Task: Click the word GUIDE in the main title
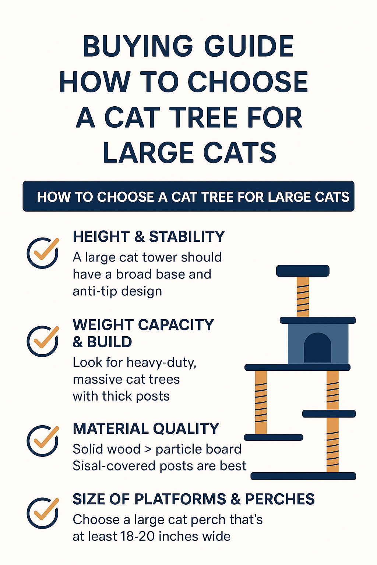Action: [249, 46]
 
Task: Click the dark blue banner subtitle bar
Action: [188, 196]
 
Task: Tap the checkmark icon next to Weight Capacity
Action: [43, 341]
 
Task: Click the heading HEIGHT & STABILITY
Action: [148, 237]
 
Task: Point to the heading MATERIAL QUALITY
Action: [146, 429]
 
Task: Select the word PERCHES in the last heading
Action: [280, 499]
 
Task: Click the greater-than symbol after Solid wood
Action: [148, 449]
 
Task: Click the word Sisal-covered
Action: [114, 466]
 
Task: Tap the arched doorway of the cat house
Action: [317, 348]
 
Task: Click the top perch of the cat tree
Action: [303, 271]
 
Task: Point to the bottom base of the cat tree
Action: [303, 476]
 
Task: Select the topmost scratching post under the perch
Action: [303, 296]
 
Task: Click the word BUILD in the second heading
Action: [110, 342]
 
